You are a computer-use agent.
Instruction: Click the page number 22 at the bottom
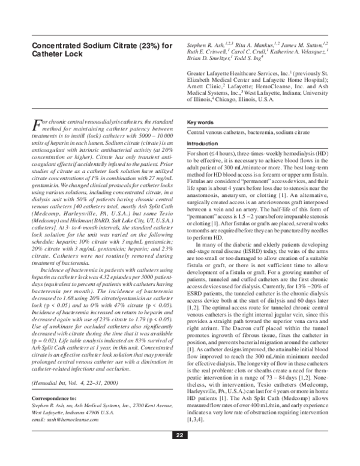coord(180,452)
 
